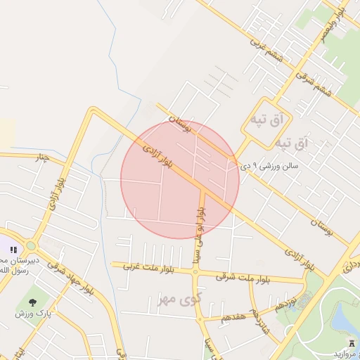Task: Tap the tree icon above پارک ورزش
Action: click(x=33, y=302)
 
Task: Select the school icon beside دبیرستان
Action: click(x=13, y=249)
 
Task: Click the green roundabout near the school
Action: click(x=31, y=246)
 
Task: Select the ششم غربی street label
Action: click(x=266, y=50)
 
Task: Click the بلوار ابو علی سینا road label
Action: click(x=200, y=231)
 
